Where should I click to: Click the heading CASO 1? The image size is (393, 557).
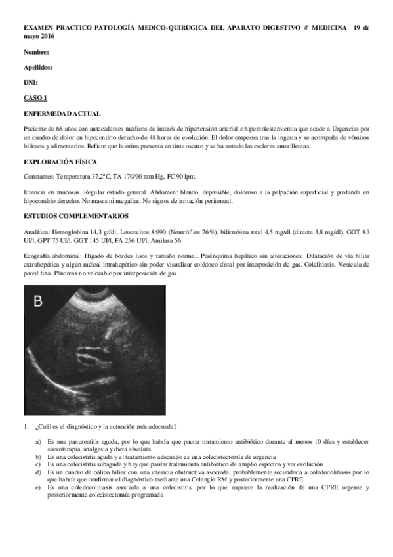pyautogui.click(x=35, y=97)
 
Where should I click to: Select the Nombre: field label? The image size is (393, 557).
pyautogui.click(x=37, y=52)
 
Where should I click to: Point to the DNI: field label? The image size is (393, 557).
pyautogui.click(x=31, y=82)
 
